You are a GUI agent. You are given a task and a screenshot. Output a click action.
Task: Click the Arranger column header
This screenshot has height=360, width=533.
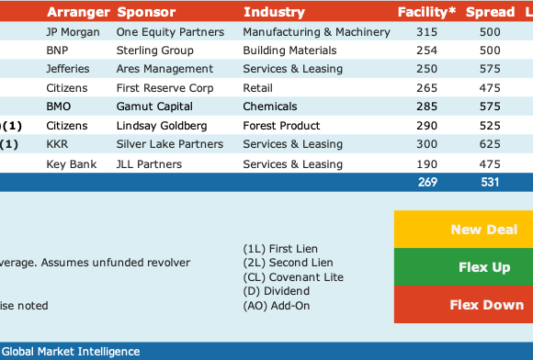click(78, 12)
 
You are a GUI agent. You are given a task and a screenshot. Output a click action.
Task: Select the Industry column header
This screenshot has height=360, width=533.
click(274, 12)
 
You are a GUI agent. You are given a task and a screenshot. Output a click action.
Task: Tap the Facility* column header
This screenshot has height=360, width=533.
click(426, 12)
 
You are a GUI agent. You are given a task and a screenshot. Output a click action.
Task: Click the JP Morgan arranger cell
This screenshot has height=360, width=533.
click(74, 32)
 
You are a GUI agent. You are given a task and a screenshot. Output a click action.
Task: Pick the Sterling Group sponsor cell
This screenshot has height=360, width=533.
click(155, 51)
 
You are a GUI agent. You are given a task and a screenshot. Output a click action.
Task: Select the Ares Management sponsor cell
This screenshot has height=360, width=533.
click(164, 69)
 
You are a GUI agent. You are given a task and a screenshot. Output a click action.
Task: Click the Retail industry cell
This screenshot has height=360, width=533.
click(257, 88)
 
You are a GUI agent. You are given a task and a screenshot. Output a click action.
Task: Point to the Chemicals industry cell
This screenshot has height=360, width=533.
click(270, 107)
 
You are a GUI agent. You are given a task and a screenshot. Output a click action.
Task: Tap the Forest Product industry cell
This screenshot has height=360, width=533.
click(281, 126)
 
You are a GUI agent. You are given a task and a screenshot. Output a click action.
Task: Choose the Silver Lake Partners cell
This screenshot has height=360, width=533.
click(170, 144)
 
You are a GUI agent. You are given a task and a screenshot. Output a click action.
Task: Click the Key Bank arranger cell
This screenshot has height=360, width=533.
click(72, 164)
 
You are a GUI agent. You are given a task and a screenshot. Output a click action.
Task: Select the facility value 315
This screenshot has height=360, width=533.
click(427, 32)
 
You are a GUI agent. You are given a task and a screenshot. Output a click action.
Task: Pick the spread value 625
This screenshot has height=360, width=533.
click(490, 144)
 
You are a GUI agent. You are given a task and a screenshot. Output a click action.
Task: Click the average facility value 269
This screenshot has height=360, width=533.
click(427, 183)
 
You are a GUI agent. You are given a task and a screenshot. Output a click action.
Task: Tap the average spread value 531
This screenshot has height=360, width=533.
click(490, 183)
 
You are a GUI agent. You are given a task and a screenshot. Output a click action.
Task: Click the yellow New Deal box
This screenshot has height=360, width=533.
click(464, 230)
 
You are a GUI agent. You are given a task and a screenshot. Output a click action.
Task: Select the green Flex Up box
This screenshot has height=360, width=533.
click(464, 267)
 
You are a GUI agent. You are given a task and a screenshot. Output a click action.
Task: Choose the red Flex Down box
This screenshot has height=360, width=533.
click(464, 304)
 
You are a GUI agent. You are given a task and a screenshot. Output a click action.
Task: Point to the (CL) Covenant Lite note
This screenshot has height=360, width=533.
click(293, 277)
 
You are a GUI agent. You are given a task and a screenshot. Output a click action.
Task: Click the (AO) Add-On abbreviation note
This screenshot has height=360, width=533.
click(277, 306)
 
